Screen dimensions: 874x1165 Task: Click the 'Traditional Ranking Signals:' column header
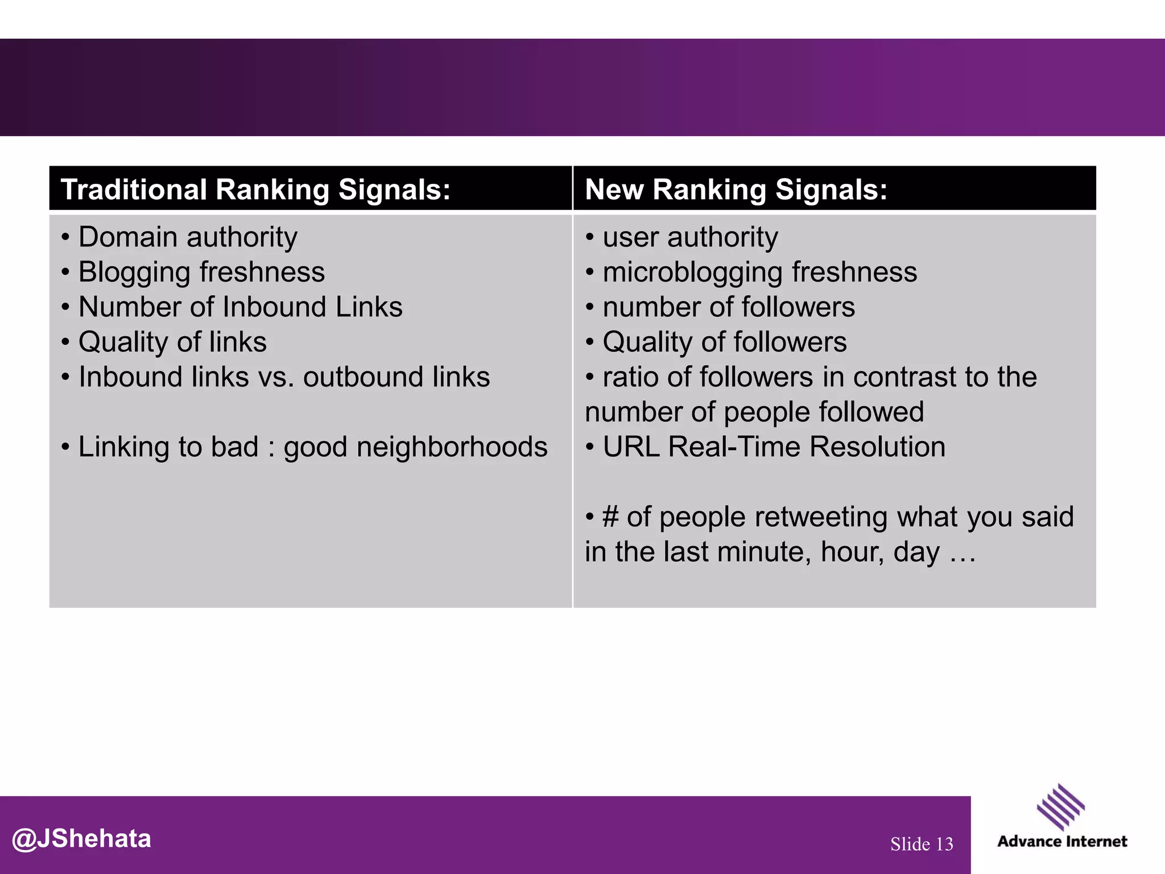click(x=255, y=189)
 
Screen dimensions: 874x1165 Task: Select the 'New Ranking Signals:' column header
click(x=736, y=189)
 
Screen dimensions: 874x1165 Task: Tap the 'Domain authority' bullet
click(x=188, y=237)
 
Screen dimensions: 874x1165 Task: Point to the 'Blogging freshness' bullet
click(x=201, y=272)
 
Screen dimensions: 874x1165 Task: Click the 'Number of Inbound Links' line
click(x=240, y=307)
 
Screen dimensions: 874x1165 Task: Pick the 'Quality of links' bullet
click(x=172, y=342)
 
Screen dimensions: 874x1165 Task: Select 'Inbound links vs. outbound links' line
click(x=284, y=377)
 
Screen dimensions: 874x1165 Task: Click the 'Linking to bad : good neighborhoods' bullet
click(x=312, y=447)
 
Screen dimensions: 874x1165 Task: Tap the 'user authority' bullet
click(x=690, y=237)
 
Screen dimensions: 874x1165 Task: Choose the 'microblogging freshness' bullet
click(x=759, y=272)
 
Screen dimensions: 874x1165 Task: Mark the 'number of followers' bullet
click(x=728, y=307)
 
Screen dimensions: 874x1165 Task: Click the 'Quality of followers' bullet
click(x=724, y=342)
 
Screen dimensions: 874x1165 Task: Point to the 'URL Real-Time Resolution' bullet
click(x=774, y=447)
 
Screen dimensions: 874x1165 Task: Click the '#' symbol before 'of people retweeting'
click(x=610, y=517)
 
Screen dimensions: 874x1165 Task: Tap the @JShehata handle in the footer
click(x=82, y=839)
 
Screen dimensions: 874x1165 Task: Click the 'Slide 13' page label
click(x=922, y=844)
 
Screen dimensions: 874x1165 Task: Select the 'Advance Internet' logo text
click(x=1062, y=842)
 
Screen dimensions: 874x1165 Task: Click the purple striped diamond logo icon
click(x=1060, y=807)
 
